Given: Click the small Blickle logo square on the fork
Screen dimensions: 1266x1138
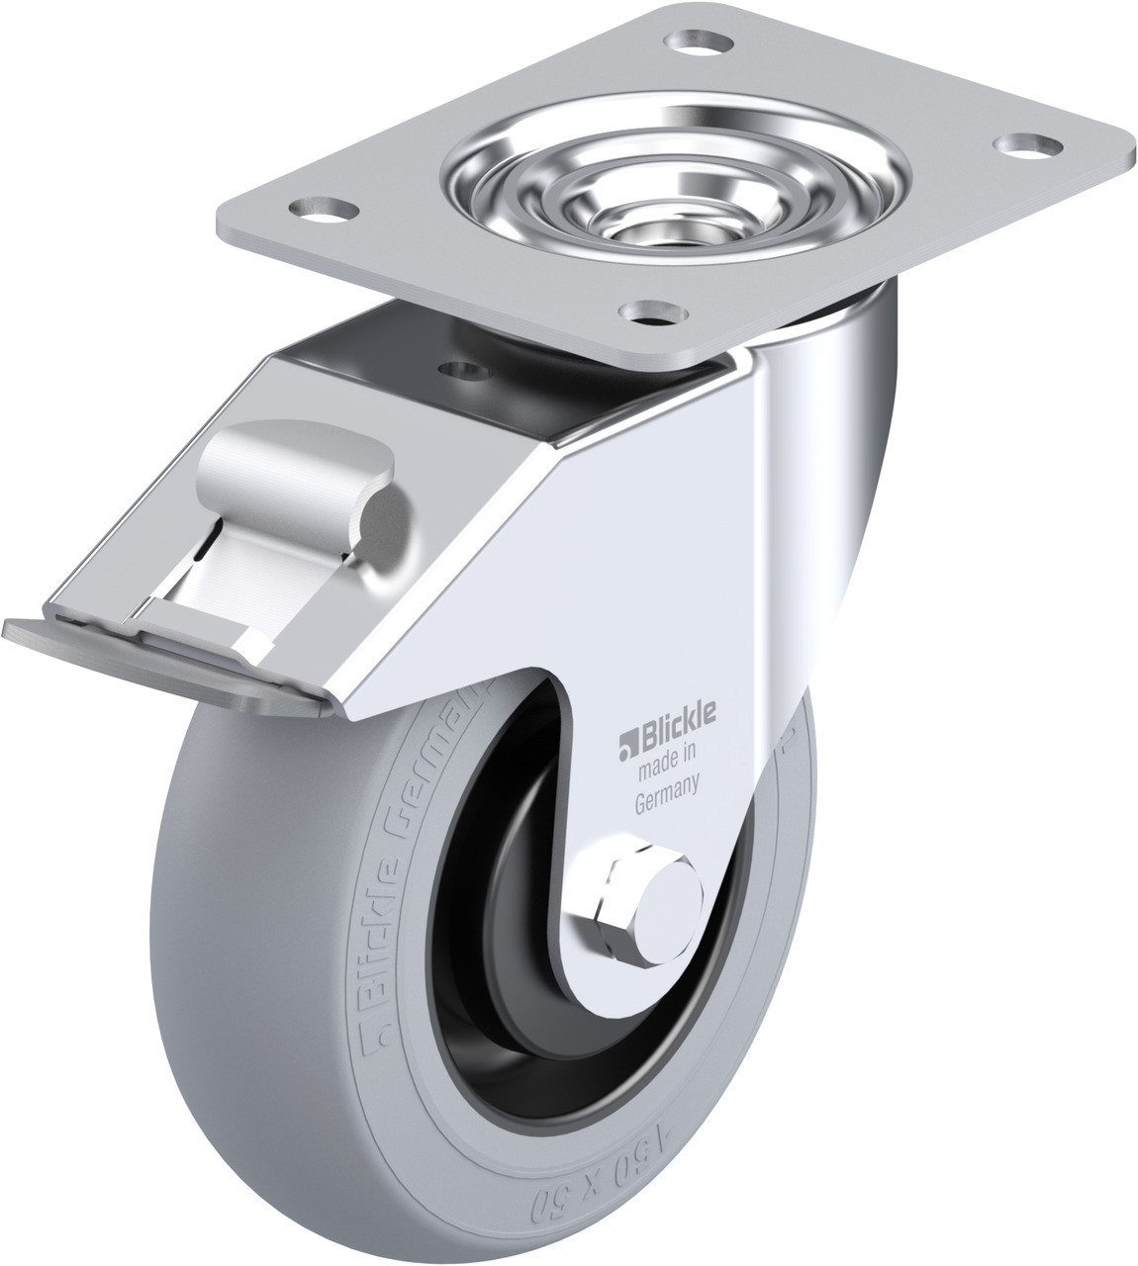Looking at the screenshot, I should [x=626, y=740].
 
